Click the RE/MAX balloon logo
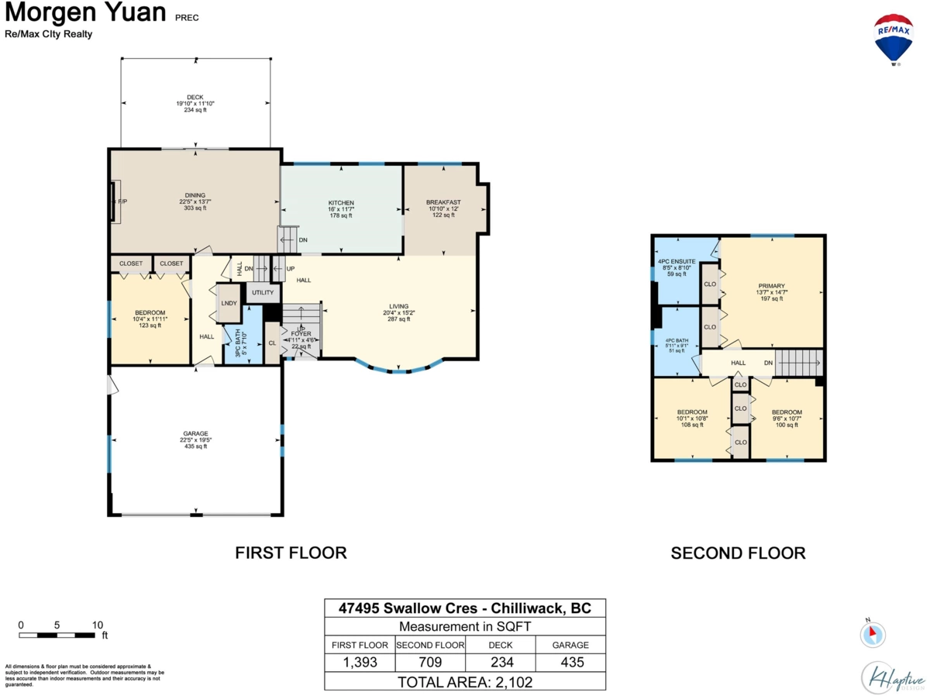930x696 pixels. coord(894,39)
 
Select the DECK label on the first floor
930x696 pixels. coord(195,98)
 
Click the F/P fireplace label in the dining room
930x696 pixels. coord(122,202)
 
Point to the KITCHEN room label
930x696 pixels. coord(341,203)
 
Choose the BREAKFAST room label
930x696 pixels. coord(443,202)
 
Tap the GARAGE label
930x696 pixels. coord(195,433)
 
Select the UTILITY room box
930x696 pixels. coord(263,293)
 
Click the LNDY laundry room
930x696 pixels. coord(229,304)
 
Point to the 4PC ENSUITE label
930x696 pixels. coord(677,261)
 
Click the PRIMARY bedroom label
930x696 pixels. coord(771,286)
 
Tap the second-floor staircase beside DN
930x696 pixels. coord(797,362)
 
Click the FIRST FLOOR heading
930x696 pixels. coord(291,553)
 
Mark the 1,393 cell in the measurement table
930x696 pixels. coord(360,663)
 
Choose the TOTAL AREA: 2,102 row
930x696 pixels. coord(465,682)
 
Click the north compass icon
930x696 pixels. coord(872,635)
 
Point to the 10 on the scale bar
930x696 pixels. coord(97,625)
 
